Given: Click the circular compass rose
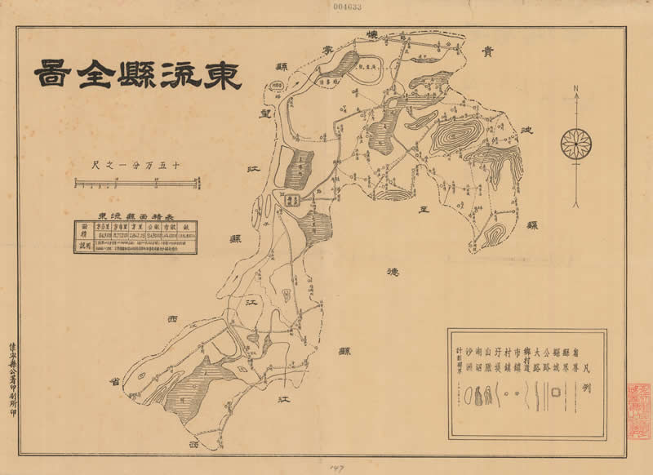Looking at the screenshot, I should click(x=576, y=144).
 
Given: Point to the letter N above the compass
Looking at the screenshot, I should click(x=576, y=89).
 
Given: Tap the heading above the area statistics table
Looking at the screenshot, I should click(x=134, y=209).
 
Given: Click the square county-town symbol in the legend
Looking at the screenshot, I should click(x=555, y=393).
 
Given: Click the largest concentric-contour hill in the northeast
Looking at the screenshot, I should click(x=454, y=136).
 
